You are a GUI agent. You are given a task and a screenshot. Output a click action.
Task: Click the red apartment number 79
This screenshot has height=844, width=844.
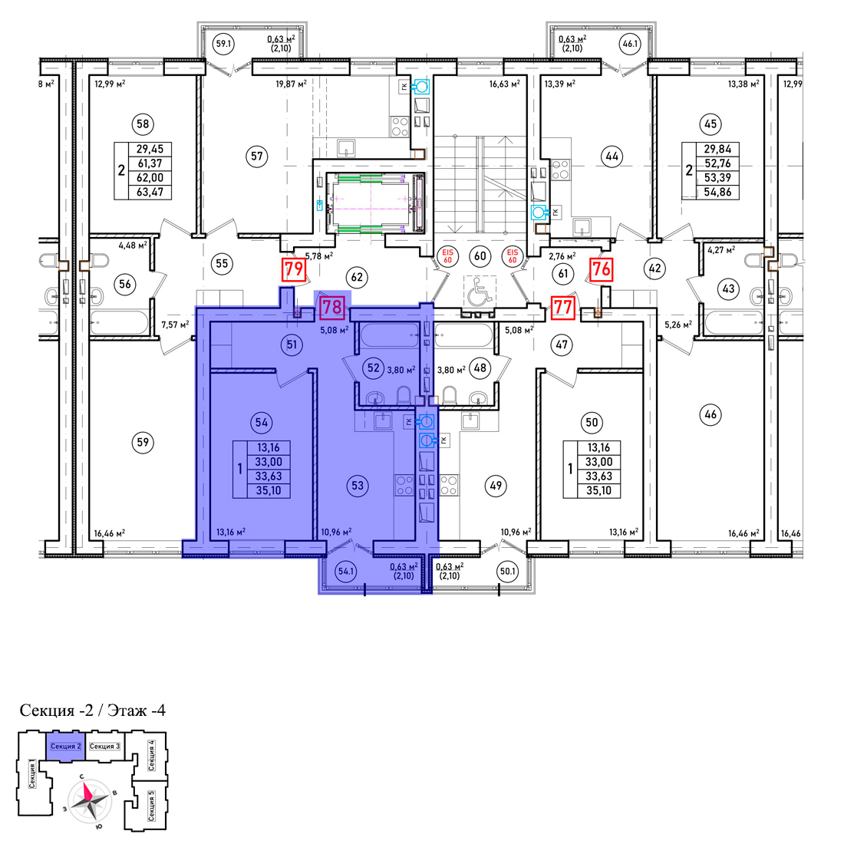point(294,269)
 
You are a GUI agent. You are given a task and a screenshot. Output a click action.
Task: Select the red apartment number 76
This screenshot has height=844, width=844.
point(602,269)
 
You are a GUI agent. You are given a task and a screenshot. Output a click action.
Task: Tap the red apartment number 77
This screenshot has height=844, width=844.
point(563,308)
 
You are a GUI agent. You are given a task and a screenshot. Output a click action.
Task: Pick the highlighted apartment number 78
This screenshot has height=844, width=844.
point(332,307)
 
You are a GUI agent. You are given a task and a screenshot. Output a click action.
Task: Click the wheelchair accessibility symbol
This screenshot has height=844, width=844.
point(480,292)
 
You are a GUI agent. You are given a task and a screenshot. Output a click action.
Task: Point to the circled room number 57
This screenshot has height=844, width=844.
point(257,156)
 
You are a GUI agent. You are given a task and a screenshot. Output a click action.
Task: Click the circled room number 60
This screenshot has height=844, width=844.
point(480,256)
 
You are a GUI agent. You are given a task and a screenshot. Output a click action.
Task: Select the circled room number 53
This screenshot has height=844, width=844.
point(358,486)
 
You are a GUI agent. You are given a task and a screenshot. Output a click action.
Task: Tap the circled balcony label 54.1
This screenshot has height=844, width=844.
point(345,571)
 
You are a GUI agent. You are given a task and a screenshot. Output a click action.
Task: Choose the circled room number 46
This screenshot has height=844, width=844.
point(710,414)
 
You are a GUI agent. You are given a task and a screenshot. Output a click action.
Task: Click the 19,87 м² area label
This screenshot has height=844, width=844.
point(292,84)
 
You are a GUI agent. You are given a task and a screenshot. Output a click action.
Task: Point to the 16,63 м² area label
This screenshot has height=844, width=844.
point(504,84)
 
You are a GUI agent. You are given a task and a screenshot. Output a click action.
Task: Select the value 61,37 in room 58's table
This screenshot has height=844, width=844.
point(150,163)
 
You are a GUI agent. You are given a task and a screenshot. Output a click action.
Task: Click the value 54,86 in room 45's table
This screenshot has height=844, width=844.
point(717,192)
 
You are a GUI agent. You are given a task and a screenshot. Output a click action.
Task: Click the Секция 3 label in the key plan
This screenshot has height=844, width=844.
point(104,746)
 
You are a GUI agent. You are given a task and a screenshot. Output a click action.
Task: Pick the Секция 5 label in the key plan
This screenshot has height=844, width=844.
point(151,806)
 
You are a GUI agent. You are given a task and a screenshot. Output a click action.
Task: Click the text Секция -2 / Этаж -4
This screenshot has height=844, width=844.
point(93,710)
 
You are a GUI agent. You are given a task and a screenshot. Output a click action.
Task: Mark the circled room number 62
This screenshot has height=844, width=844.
point(357,277)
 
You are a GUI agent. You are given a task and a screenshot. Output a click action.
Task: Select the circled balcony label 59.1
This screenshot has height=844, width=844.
point(223,44)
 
